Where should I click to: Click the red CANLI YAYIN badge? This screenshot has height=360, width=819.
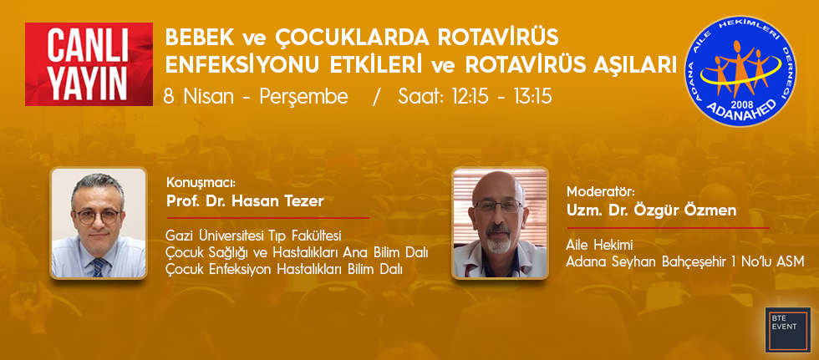(89, 64)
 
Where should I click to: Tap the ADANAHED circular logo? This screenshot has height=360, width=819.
(740, 70)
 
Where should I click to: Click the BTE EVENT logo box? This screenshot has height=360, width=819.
(787, 329)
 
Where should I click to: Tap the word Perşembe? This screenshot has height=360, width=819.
(303, 98)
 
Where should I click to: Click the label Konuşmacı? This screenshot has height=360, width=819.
(201, 184)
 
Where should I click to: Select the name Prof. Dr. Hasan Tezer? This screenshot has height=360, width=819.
(245, 201)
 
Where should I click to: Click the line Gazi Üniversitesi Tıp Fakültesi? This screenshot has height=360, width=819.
(252, 236)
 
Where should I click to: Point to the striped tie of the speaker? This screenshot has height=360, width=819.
(99, 267)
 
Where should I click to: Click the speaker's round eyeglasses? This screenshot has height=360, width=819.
(98, 216)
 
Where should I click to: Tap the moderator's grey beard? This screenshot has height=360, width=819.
(499, 241)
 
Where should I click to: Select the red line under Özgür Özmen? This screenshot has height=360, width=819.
(668, 228)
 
